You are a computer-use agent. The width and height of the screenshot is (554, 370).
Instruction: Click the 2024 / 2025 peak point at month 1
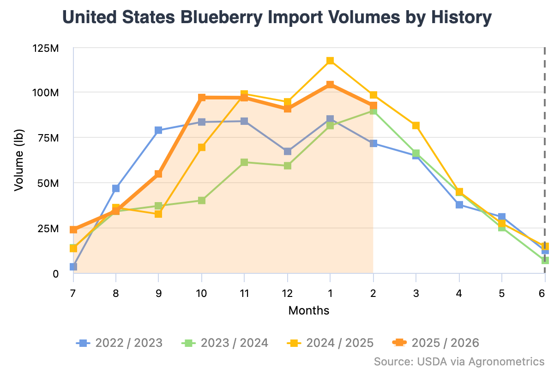(x=330, y=61)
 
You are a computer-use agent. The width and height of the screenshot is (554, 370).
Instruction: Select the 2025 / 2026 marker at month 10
(x=202, y=98)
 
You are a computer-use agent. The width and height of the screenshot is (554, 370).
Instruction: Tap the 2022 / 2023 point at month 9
(x=158, y=130)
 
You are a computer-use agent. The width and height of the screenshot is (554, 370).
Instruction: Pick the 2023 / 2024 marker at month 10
(x=202, y=200)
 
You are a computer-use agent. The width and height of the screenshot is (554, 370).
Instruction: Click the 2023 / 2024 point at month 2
(x=373, y=111)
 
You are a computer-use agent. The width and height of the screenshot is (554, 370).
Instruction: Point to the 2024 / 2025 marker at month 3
(x=416, y=125)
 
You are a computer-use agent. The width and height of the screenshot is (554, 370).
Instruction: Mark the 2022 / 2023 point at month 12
(x=288, y=151)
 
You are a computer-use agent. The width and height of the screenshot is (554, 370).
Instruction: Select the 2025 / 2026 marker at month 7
(x=73, y=229)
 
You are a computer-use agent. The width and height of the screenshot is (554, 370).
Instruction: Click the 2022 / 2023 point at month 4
(x=459, y=204)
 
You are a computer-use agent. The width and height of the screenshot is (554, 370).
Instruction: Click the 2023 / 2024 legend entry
(x=225, y=343)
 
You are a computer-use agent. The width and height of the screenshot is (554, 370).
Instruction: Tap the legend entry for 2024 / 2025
(x=330, y=343)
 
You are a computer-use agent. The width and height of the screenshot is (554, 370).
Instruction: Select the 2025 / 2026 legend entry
(x=436, y=343)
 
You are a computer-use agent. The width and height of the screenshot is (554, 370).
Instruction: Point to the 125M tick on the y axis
(x=45, y=48)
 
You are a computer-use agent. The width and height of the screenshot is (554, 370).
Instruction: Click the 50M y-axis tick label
(x=48, y=184)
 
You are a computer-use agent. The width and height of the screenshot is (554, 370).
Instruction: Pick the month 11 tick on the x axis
(x=244, y=293)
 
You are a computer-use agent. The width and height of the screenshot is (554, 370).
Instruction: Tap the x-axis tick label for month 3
(x=416, y=293)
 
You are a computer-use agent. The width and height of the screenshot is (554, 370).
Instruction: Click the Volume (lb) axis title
(x=18, y=160)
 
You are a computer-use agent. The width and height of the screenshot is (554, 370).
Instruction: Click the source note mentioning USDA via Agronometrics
(x=459, y=361)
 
